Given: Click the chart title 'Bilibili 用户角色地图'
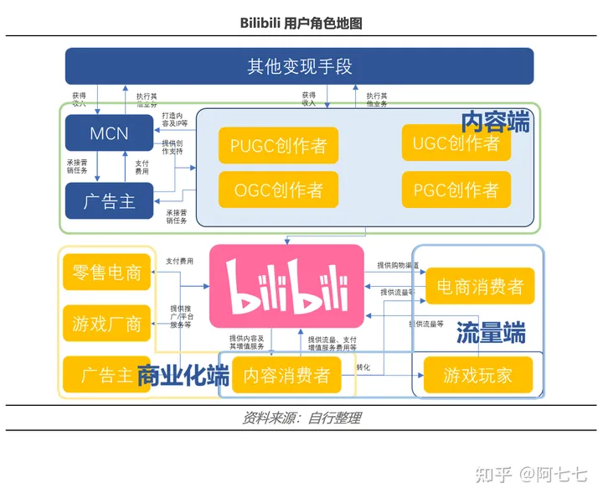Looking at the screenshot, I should click(x=301, y=23).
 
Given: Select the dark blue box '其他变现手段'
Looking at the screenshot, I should click(x=299, y=66).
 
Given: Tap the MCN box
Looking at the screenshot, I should click(x=110, y=133).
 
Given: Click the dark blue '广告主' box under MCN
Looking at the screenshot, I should click(x=110, y=200).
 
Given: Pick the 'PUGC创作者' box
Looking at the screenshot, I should click(x=278, y=146).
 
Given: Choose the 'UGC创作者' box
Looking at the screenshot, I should click(x=455, y=143).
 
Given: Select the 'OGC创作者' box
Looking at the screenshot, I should click(x=278, y=190).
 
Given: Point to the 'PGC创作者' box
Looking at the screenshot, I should click(x=456, y=190).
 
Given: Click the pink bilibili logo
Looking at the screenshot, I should click(x=287, y=286).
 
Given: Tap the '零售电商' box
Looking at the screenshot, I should click(x=106, y=273).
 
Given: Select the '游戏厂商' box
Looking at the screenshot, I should click(x=106, y=324).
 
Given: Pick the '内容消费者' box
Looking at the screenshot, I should click(x=287, y=375).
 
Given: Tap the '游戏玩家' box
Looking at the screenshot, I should click(x=477, y=375).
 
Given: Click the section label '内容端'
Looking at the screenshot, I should click(x=496, y=122).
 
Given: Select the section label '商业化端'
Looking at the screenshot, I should click(x=183, y=375).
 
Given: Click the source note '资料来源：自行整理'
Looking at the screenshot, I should click(x=301, y=418).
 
